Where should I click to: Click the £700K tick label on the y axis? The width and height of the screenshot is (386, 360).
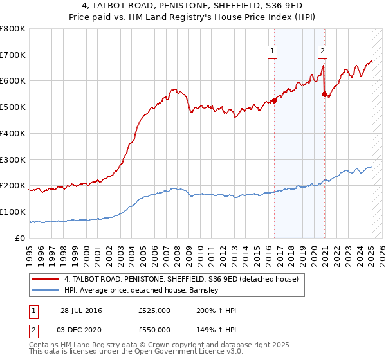[13, 55]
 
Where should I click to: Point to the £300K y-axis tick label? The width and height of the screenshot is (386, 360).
[13, 159]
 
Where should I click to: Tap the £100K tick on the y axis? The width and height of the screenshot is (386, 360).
[13, 212]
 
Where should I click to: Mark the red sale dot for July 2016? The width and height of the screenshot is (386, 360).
[274, 100]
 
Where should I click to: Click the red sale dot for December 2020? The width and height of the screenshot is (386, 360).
[324, 94]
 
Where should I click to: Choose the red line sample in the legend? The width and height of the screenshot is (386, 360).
[46, 280]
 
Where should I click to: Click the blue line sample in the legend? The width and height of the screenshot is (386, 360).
[46, 291]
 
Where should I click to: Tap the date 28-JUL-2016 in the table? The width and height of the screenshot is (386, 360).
[81, 310]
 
